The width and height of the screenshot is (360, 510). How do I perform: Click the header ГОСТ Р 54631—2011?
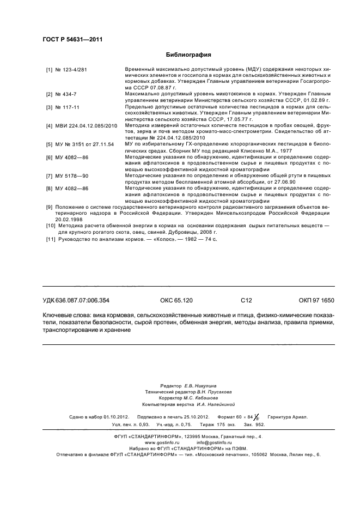[x=72, y=39]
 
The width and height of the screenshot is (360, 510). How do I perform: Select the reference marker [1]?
[x=49, y=70]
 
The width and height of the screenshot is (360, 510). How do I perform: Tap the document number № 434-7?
[x=66, y=94]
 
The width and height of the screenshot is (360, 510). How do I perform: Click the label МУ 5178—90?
[x=72, y=177]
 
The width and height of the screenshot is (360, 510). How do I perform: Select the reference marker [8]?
[x=49, y=189]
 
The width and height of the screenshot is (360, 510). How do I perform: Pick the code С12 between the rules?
[x=247, y=300]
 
